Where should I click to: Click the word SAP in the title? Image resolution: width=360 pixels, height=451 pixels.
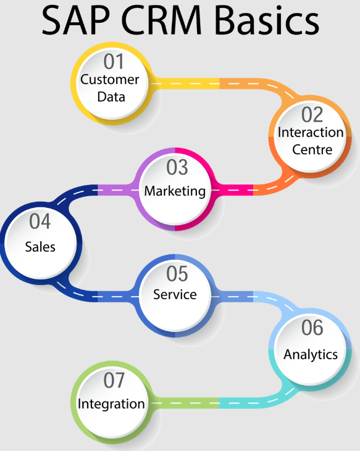[76, 20]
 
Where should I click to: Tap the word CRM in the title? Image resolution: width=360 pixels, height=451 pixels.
[161, 20]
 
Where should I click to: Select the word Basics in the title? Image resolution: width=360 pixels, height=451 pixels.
[267, 20]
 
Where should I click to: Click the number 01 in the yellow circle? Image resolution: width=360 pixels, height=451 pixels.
[114, 62]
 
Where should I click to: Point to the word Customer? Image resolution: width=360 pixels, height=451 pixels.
[110, 80]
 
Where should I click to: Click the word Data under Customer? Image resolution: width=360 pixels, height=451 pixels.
[111, 97]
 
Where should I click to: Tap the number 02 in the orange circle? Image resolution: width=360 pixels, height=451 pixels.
[312, 115]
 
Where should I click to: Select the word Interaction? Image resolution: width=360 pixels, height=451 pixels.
[311, 132]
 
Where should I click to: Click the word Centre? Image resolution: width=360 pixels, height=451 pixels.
[312, 149]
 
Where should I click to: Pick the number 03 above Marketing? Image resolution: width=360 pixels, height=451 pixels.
[177, 167]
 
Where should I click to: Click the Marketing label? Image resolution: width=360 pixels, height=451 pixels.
[175, 191]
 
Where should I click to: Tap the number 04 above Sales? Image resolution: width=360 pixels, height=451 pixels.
[40, 221]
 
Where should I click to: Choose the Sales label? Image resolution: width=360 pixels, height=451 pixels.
[40, 247]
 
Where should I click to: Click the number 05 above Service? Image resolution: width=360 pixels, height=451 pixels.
[177, 274]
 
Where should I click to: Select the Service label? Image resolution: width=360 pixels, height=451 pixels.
[175, 294]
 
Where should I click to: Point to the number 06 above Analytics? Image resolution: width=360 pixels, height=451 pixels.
[312, 328]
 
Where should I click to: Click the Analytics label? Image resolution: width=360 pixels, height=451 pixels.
[311, 355]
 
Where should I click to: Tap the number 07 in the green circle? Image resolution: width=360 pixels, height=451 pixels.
[114, 381]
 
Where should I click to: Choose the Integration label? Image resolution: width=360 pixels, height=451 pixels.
[111, 404]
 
